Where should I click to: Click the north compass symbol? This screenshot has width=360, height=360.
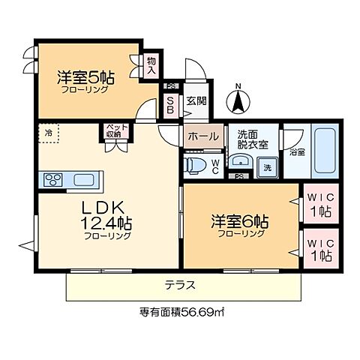pyautogui.click(x=238, y=98)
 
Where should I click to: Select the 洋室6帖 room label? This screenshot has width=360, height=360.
pyautogui.click(x=241, y=224)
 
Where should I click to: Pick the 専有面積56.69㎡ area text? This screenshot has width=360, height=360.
pyautogui.click(x=184, y=313)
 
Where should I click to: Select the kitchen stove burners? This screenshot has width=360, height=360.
pyautogui.click(x=55, y=179)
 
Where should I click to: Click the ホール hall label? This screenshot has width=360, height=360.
pyautogui.click(x=203, y=136)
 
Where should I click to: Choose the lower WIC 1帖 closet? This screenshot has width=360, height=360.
pyautogui.click(x=319, y=250)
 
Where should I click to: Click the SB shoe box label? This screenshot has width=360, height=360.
pyautogui.click(x=170, y=104)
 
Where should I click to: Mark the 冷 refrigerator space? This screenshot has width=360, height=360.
pyautogui.click(x=49, y=133)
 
